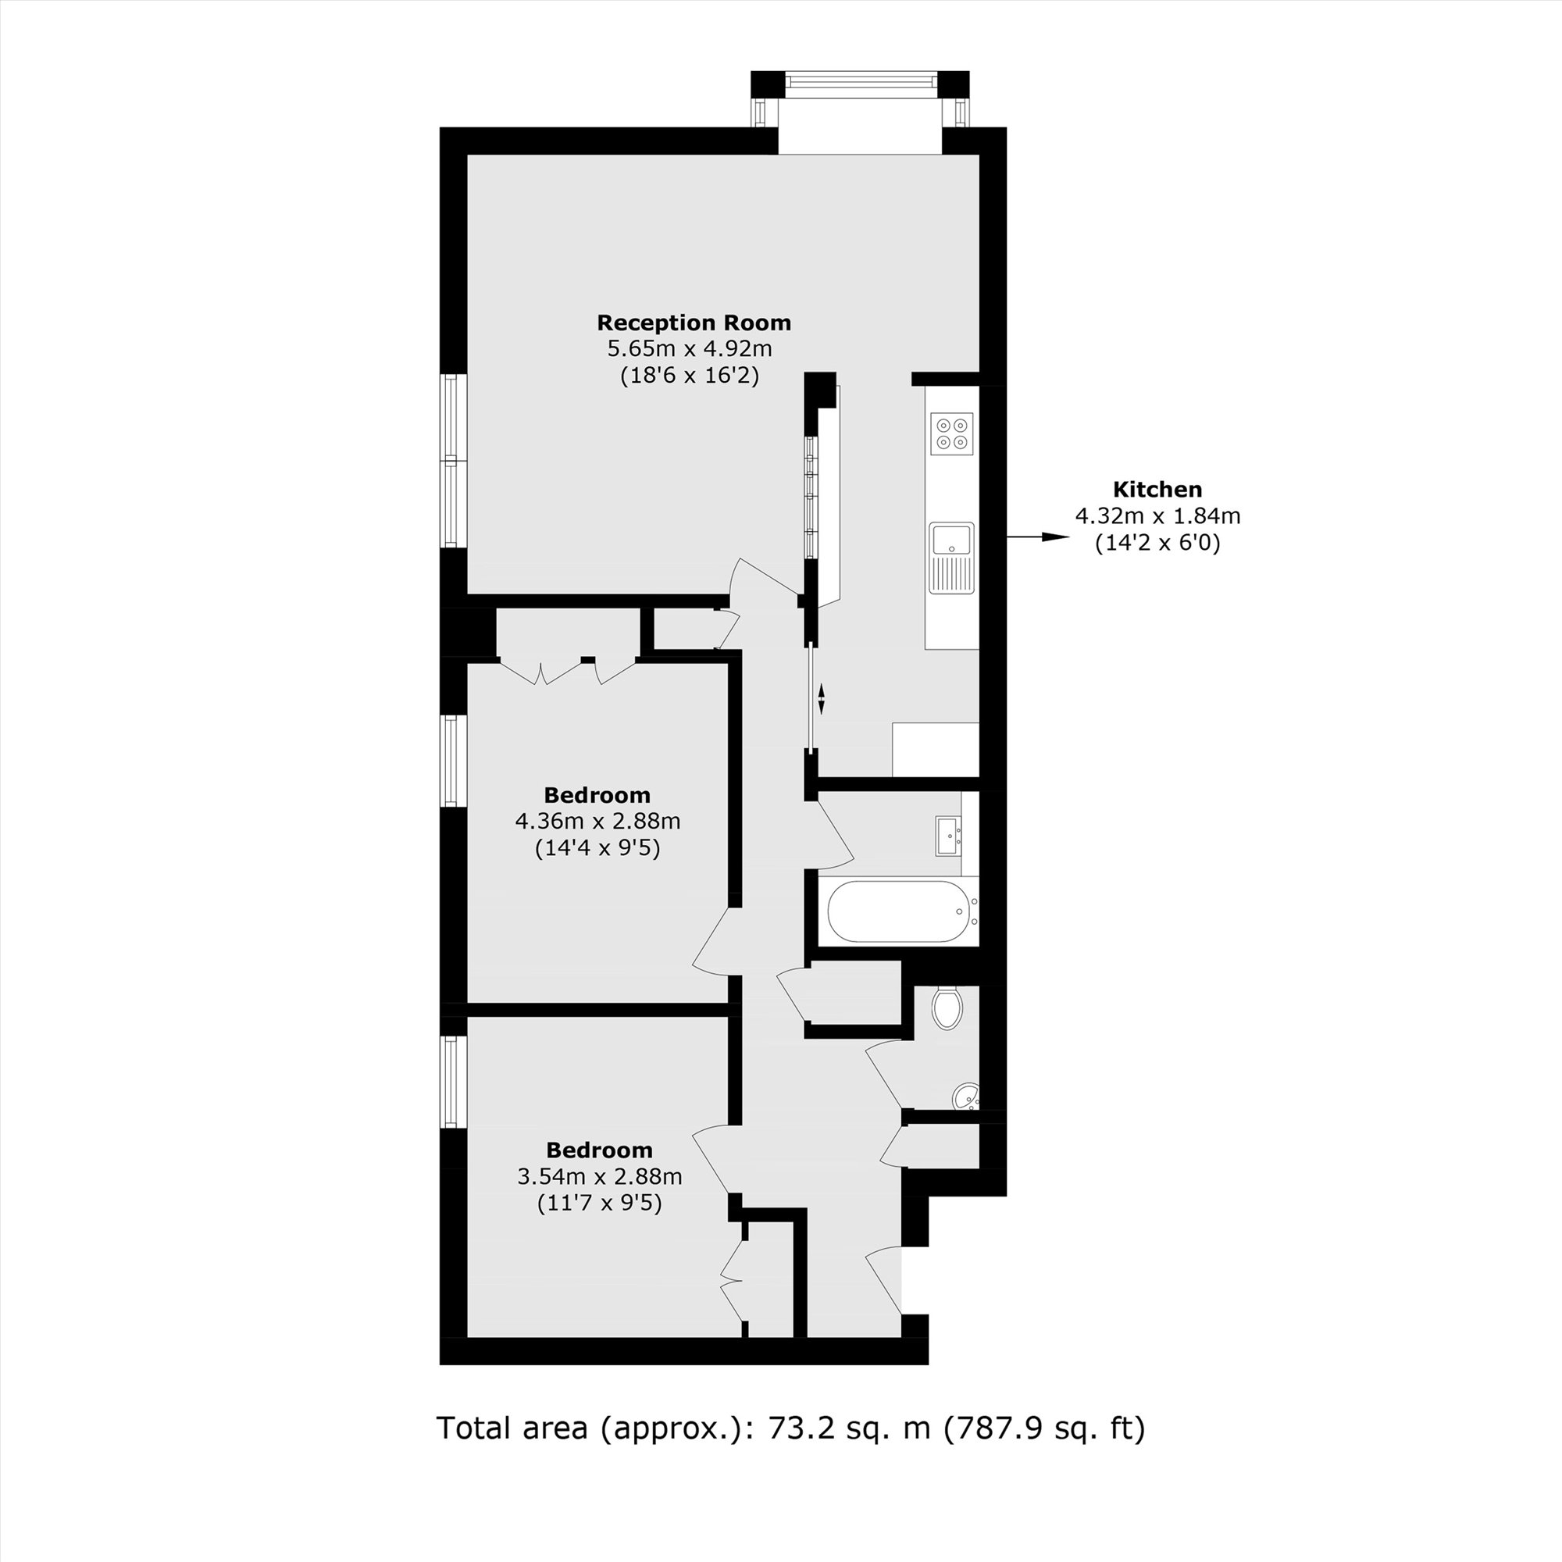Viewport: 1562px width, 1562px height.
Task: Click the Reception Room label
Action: pyautogui.click(x=694, y=323)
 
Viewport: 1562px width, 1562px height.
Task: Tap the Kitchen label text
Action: pyautogui.click(x=1157, y=489)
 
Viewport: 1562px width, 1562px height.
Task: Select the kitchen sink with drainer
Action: pyautogui.click(x=951, y=558)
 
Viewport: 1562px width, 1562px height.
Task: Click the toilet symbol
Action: pyautogui.click(x=946, y=1007)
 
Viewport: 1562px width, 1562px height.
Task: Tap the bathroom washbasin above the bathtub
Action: pyautogui.click(x=947, y=835)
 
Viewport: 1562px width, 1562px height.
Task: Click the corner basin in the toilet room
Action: pyautogui.click(x=966, y=1097)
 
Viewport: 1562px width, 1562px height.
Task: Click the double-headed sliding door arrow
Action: pyautogui.click(x=822, y=698)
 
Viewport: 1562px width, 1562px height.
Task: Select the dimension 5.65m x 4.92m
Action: pyautogui.click(x=690, y=349)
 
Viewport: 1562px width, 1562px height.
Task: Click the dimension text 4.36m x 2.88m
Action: pyautogui.click(x=597, y=822)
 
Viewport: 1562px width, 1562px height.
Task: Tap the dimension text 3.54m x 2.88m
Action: pyautogui.click(x=599, y=1176)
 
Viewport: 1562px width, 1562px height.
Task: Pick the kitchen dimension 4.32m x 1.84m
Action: pyautogui.click(x=1157, y=515)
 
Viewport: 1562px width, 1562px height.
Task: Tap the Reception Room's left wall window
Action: pyautogui.click(x=454, y=461)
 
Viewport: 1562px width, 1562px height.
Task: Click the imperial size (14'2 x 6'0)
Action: pyautogui.click(x=1157, y=543)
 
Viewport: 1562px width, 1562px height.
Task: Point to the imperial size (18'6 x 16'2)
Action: pyautogui.click(x=690, y=376)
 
